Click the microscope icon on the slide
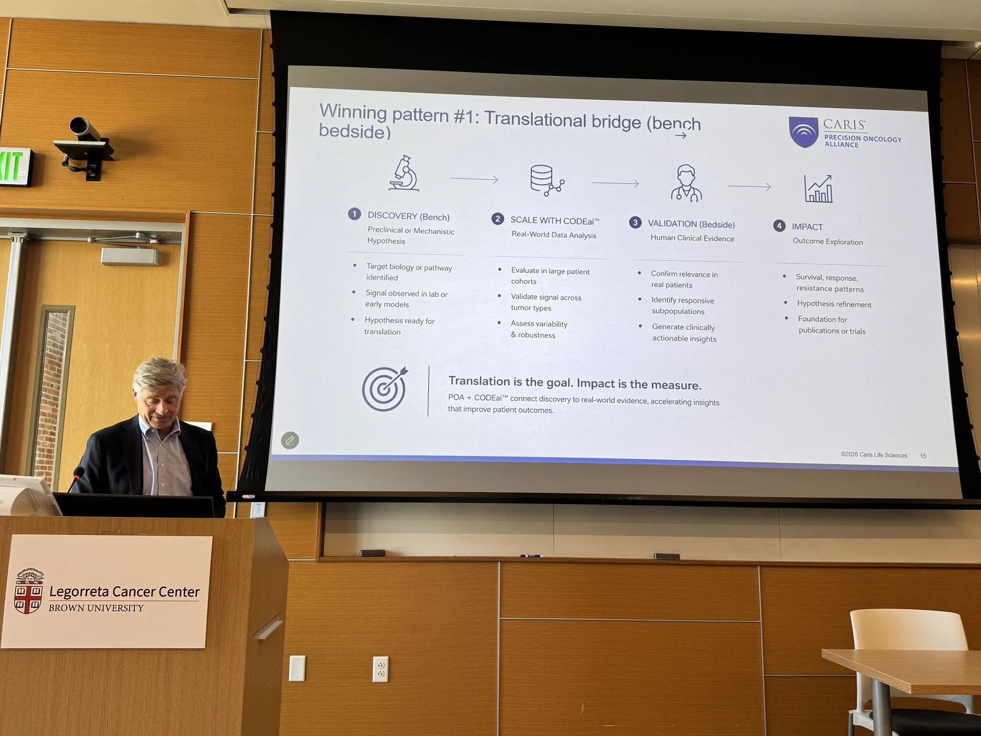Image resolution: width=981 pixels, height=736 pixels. coord(403,173)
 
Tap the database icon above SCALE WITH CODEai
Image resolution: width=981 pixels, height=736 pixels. coord(547,180)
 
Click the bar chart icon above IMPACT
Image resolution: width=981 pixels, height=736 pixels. coord(818,188)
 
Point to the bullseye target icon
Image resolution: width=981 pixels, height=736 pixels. coord(385,389)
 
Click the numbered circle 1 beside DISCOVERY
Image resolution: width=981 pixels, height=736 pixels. coord(354,214)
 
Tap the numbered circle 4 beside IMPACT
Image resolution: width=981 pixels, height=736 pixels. coord(779,226)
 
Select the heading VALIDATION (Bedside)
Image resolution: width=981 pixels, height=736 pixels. coord(691,224)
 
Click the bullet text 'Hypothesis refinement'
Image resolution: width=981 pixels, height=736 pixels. coord(834,304)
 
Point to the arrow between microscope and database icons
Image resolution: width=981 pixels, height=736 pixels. coord(474,179)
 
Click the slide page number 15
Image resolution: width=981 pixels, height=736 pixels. coord(923,456)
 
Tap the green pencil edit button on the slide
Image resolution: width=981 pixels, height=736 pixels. coord(290,440)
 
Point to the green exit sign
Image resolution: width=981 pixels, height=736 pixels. coord(14,167)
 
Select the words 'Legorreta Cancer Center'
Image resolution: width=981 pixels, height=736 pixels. coord(124,592)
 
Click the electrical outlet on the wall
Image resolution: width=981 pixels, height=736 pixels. coord(380,669)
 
